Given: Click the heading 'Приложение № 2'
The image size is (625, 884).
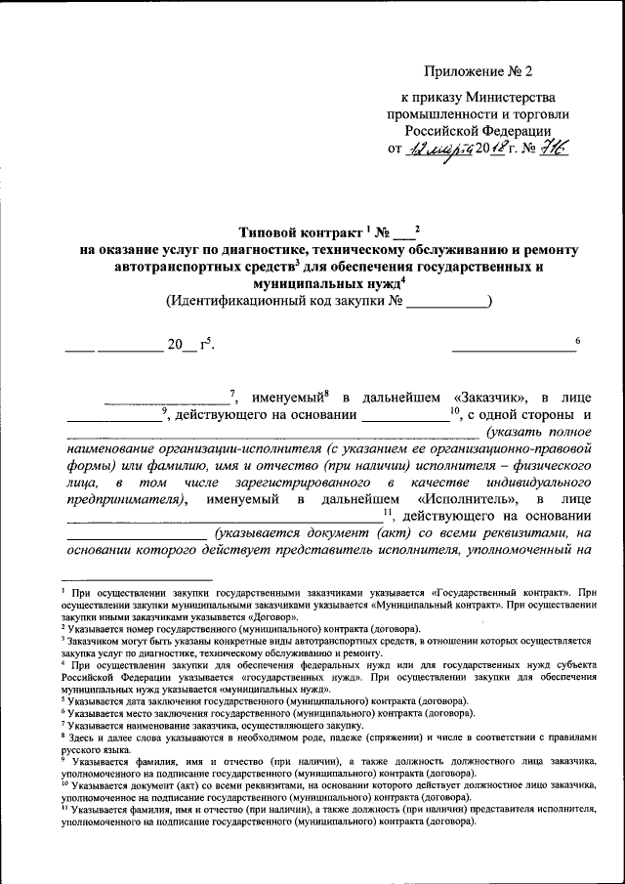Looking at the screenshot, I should click(x=479, y=71).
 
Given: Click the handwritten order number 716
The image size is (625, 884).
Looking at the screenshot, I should click(x=553, y=147).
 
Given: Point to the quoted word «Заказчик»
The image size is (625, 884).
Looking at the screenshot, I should click(x=492, y=398).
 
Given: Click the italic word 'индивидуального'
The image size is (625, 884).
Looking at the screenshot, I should click(x=539, y=482).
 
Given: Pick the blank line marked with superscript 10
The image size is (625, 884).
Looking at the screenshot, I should click(x=404, y=417).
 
